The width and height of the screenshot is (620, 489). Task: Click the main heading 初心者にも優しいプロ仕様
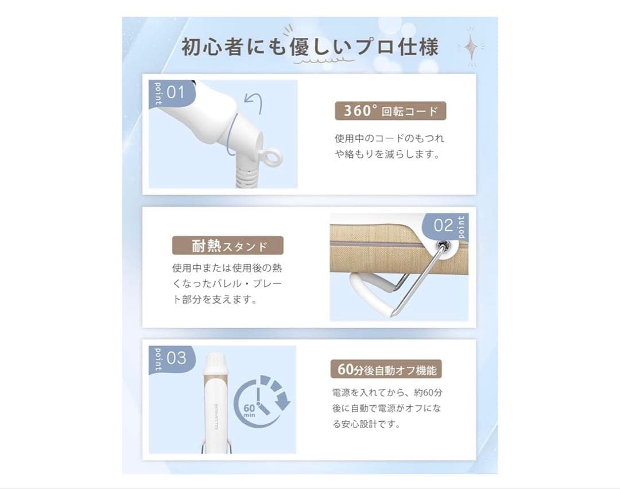pyautogui.click(x=309, y=46)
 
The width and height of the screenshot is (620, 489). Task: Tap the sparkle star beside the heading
pyautogui.click(x=471, y=47)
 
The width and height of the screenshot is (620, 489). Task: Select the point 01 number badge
pyautogui.click(x=172, y=94)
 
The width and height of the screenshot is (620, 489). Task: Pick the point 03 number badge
pyautogui.click(x=172, y=359)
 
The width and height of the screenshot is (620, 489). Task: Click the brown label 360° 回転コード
pyautogui.click(x=390, y=111)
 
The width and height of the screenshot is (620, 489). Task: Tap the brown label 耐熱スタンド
pyautogui.click(x=228, y=246)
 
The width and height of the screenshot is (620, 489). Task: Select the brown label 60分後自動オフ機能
pyautogui.click(x=386, y=369)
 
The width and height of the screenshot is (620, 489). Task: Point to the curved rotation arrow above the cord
pyautogui.click(x=254, y=103)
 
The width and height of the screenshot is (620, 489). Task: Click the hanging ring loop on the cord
pyautogui.click(x=273, y=158)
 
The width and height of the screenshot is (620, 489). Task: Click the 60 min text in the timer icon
pyautogui.click(x=250, y=410)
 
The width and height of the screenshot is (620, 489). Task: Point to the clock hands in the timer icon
pyautogui.click(x=262, y=401)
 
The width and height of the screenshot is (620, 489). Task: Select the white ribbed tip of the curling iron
pyautogui.click(x=215, y=363)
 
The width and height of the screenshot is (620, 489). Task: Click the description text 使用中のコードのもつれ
pyautogui.click(x=389, y=138)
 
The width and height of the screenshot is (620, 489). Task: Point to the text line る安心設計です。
pyautogui.click(x=366, y=424)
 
